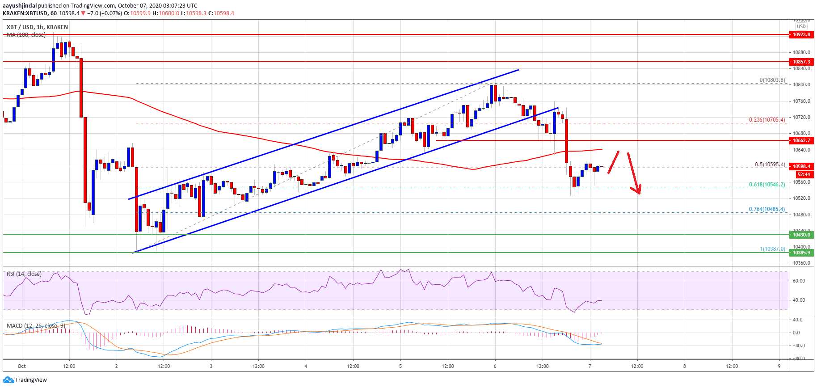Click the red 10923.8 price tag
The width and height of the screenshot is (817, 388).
click(802, 34)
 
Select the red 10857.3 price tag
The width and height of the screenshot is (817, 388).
click(802, 62)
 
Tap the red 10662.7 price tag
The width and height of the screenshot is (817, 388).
click(802, 140)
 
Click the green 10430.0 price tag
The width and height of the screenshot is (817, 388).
click(802, 235)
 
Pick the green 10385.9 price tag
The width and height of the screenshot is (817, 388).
click(802, 253)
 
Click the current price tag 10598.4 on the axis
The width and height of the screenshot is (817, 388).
click(802, 166)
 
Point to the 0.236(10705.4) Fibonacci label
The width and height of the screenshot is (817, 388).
click(767, 120)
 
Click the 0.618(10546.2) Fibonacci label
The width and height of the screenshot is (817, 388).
click(767, 185)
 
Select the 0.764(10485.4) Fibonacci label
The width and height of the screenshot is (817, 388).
click(767, 209)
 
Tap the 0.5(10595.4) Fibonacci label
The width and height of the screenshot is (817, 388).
click(770, 164)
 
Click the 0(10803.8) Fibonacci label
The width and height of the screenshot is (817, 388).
click(772, 80)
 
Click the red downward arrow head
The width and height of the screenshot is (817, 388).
click(638, 191)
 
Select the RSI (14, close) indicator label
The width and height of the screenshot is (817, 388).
click(24, 274)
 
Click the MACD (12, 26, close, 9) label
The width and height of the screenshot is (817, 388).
click(36, 325)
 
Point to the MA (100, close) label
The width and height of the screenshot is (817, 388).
click(26, 34)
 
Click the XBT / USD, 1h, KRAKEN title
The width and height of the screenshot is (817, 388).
click(37, 27)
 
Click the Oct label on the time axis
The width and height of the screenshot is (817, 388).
click(22, 366)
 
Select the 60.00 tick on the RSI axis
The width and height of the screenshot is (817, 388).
click(799, 281)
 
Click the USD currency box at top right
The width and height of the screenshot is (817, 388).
click(801, 26)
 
